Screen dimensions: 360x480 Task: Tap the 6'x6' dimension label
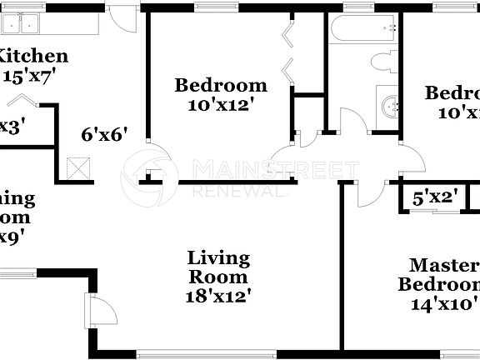[104, 134]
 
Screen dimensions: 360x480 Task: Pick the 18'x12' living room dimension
[218, 295]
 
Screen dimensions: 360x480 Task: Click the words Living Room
[218, 267]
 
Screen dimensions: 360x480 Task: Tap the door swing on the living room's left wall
[102, 313]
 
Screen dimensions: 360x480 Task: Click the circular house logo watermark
[150, 172]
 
